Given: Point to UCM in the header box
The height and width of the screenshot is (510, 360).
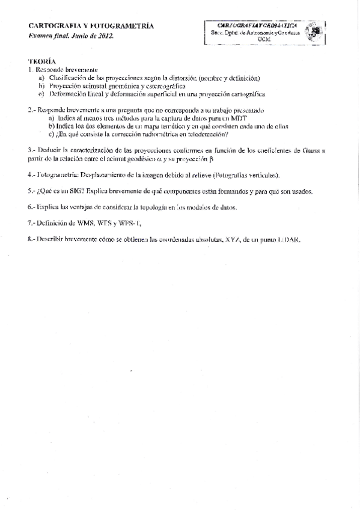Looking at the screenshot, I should [x=264, y=39].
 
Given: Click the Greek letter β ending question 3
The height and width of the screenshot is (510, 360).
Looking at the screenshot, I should [x=211, y=159].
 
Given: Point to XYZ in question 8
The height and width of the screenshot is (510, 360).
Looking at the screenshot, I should [x=231, y=239].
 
